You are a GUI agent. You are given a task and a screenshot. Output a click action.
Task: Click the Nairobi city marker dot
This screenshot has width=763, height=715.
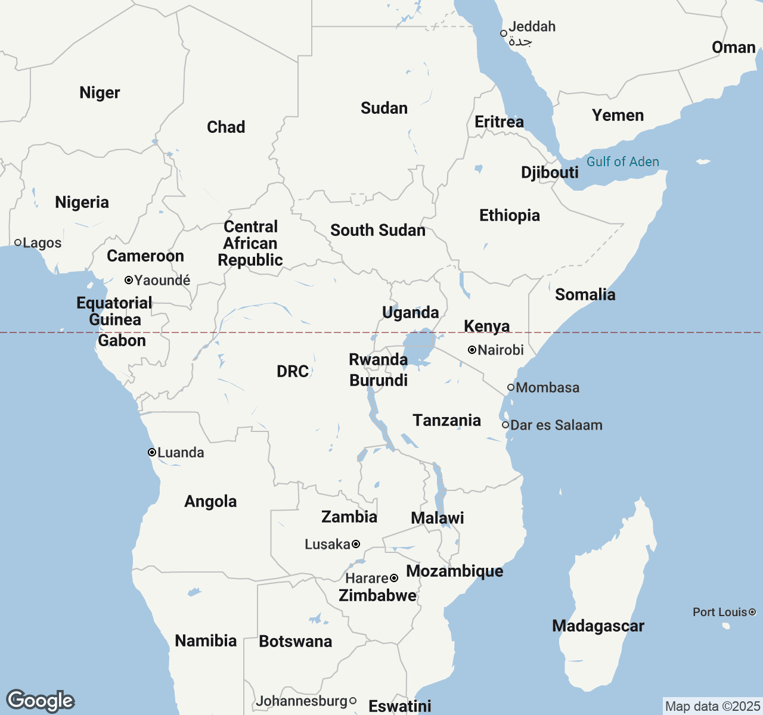point(472,350)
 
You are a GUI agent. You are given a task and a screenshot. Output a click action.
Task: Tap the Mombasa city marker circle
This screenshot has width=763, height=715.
point(511,387)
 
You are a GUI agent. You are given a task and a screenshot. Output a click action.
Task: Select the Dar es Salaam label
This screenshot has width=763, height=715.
point(556,425)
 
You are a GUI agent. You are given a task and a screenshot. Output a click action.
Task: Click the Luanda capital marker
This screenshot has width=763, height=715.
point(152,452)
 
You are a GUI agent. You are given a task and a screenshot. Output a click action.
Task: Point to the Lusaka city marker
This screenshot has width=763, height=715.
point(356,544)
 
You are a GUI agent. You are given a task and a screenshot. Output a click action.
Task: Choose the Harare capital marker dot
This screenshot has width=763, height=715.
point(394,578)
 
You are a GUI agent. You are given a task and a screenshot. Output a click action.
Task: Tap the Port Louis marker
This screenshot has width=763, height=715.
point(752,612)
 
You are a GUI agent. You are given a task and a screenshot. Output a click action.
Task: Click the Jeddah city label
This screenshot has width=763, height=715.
point(532,27)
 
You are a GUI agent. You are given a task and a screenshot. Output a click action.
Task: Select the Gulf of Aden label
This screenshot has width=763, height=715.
point(622,161)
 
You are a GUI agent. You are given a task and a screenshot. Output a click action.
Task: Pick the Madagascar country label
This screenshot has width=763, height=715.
point(598,626)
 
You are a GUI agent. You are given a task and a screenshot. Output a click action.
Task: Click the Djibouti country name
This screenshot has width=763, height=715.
point(550,172)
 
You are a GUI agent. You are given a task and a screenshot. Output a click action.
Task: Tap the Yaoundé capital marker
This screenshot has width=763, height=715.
point(128,280)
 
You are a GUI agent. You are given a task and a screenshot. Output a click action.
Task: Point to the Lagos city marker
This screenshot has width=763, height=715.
point(18,243)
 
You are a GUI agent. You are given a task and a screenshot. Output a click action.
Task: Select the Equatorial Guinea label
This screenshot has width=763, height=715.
point(114,311)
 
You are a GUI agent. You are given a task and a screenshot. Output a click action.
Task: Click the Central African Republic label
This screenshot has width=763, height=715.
point(250,243)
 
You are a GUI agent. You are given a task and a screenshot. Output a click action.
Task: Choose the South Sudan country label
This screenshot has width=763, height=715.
point(378,230)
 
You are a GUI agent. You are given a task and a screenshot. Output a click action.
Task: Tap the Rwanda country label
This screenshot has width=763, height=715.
point(378,359)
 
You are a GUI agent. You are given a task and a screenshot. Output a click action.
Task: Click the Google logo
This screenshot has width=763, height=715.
point(40,701)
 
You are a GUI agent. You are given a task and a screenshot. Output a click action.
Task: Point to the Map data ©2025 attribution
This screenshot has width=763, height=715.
point(712,706)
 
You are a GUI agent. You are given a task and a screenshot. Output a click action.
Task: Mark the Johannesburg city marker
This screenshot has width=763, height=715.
point(353,701)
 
